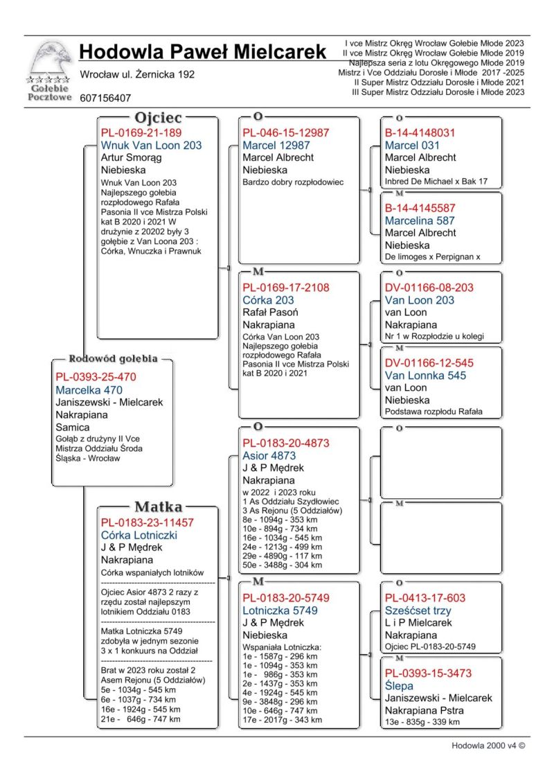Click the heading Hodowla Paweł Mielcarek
202,52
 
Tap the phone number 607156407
105,98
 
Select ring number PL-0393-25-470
96,377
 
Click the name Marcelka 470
89,390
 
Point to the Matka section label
158,506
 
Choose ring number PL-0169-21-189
141,132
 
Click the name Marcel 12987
276,146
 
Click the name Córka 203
268,300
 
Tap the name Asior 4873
269,456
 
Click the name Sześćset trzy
418,610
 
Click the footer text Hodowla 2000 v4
488,746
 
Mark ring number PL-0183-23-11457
148,522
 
